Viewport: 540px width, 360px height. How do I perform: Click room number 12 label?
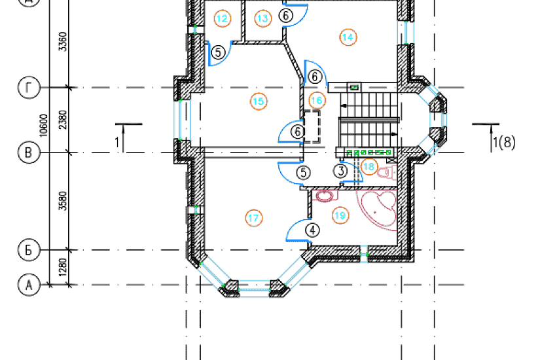tap(222, 18)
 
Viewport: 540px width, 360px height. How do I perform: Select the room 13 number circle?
tap(262, 18)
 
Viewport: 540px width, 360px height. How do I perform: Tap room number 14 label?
tap(348, 37)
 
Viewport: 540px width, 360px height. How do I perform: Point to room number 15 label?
tap(259, 101)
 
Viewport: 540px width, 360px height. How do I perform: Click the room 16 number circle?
tap(317, 100)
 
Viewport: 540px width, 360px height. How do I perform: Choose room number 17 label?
tap(253, 218)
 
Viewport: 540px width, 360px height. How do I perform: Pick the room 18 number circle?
tap(369, 167)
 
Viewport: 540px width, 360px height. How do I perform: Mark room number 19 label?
tap(340, 215)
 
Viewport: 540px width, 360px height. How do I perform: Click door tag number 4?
tap(312, 230)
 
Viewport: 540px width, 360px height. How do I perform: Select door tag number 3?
tap(340, 171)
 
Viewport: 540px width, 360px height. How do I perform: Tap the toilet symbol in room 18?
tap(387, 171)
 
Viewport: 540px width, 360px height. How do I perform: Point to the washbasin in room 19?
tap(324, 196)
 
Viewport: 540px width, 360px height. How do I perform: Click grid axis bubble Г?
tap(29, 88)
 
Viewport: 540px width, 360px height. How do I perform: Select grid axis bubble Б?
tap(29, 250)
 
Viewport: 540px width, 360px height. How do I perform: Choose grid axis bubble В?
tap(29, 153)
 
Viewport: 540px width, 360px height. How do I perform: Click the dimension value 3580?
tap(63, 201)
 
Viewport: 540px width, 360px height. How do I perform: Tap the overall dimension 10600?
tap(44, 126)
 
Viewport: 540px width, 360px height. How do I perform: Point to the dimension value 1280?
tap(63, 267)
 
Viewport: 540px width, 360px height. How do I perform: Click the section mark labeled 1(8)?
tap(504, 142)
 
